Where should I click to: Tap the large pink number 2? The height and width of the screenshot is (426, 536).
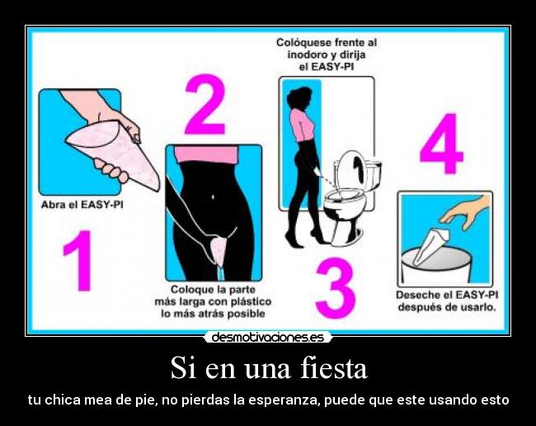click(x=205, y=105)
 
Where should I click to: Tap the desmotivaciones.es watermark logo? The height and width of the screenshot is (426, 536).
click(x=268, y=337)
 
